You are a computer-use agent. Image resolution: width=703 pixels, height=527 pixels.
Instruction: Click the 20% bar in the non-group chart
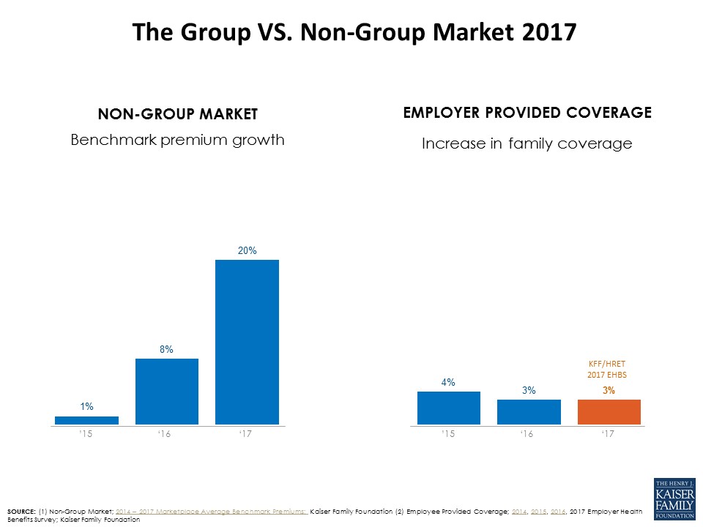(247, 342)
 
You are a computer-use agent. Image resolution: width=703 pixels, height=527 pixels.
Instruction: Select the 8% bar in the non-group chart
(167, 391)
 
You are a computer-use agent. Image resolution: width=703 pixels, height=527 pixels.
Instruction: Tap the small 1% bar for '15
(86, 420)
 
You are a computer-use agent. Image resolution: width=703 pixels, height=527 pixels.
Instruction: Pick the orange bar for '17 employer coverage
(609, 411)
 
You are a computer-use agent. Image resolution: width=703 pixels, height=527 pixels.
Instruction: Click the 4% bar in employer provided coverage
(449, 408)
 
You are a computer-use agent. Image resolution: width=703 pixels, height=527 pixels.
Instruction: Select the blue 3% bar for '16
(529, 411)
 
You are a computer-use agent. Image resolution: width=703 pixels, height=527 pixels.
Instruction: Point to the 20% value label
(247, 250)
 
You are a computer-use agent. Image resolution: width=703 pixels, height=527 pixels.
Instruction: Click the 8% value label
(167, 350)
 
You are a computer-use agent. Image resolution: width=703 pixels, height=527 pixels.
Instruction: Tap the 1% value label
(86, 406)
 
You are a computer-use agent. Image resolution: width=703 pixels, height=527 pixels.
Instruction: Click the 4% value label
(449, 382)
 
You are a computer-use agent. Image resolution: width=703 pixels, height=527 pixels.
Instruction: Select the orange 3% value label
(609, 391)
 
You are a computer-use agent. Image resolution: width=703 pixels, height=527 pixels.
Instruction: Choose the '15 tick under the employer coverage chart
(448, 435)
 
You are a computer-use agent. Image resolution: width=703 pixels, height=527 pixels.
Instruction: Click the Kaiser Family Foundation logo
(674, 499)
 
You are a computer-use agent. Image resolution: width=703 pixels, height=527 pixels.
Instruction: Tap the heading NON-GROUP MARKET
(178, 114)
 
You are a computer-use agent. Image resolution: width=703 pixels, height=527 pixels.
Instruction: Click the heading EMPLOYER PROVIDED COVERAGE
(527, 113)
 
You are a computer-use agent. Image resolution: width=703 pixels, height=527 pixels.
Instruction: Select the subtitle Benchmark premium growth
(177, 139)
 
